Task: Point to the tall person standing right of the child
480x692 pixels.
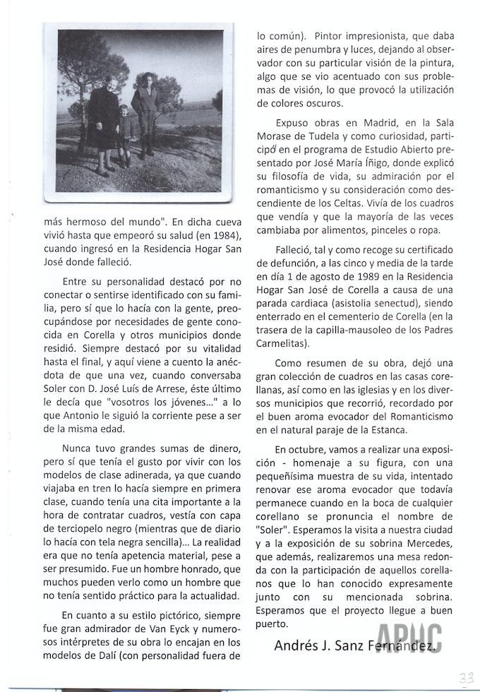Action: coord(147,113)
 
